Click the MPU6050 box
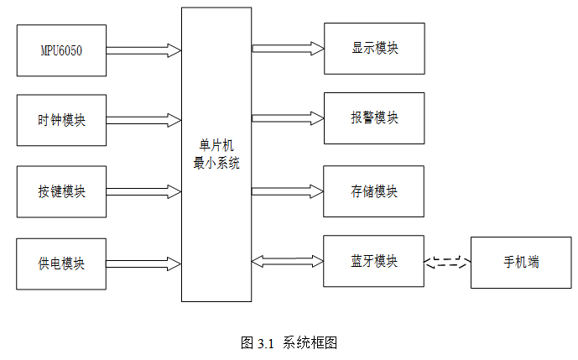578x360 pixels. click(61, 50)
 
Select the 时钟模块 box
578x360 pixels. click(61, 120)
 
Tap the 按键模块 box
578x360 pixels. click(61, 191)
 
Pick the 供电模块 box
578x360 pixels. click(61, 263)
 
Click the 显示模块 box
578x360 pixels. click(374, 48)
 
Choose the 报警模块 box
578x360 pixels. click(374, 117)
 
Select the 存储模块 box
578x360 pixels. click(374, 191)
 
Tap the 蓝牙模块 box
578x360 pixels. click(374, 261)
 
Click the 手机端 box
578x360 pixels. click(521, 263)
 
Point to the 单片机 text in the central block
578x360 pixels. click(216, 146)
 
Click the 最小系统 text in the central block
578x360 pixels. click(216, 163)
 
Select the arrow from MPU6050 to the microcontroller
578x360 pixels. click(144, 50)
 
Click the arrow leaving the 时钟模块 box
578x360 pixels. click(144, 120)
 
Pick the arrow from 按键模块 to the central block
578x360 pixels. click(144, 192)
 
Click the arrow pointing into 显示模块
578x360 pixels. click(287, 48)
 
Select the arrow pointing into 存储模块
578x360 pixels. click(287, 191)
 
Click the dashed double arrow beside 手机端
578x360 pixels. click(448, 263)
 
